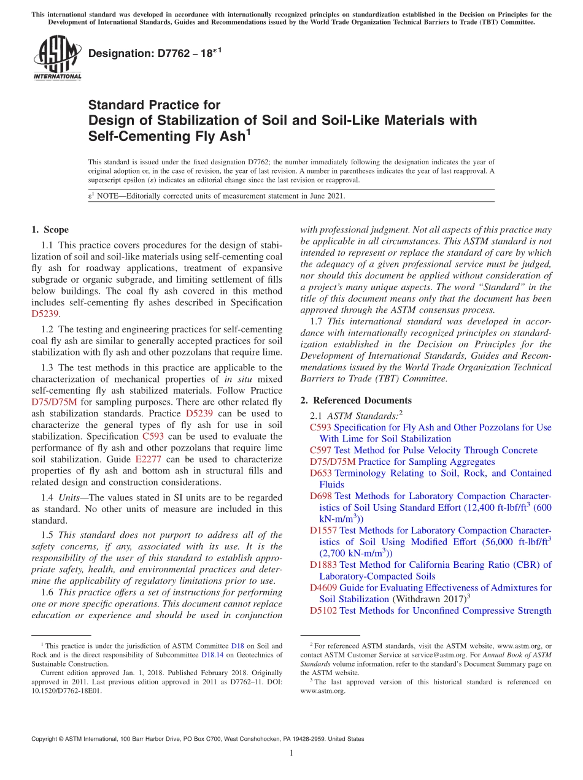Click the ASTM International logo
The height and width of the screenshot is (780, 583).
click(x=56, y=59)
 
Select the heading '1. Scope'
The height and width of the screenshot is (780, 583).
click(x=50, y=230)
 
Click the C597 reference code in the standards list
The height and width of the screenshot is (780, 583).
click(x=321, y=450)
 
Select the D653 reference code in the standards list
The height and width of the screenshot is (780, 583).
click(x=321, y=473)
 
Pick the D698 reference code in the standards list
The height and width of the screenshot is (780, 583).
click(x=321, y=496)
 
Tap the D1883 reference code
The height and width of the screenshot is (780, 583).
click(x=323, y=565)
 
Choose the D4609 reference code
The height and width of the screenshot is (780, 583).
click(x=323, y=587)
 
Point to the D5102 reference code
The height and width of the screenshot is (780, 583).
click(x=323, y=611)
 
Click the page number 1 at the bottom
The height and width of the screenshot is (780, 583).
click(x=291, y=754)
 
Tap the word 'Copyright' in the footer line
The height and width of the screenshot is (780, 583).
click(x=46, y=739)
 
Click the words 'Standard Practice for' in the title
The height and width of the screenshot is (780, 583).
click(x=154, y=105)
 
